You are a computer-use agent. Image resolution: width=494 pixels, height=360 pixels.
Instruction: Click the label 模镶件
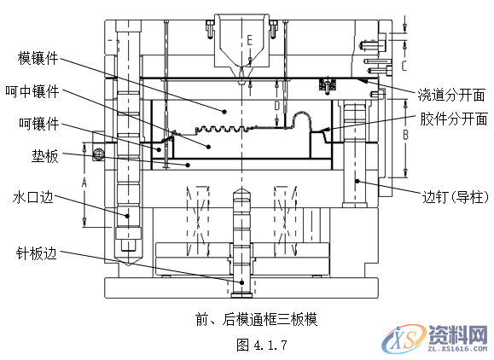pyautogui.click(x=38, y=58)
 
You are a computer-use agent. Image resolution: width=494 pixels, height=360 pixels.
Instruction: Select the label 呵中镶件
pyautogui.click(x=32, y=91)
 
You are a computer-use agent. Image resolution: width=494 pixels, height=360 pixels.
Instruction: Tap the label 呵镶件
pyautogui.click(x=38, y=124)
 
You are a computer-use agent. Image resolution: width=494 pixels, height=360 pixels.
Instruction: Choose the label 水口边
pyautogui.click(x=33, y=198)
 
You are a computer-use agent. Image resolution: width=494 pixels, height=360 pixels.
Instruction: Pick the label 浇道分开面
pyautogui.click(x=451, y=93)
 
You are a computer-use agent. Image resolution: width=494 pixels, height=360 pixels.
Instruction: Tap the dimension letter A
pyautogui.click(x=84, y=183)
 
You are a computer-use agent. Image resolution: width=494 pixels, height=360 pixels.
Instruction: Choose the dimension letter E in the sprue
pyautogui.click(x=249, y=39)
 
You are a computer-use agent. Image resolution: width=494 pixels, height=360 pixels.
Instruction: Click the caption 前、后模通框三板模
pyautogui.click(x=256, y=320)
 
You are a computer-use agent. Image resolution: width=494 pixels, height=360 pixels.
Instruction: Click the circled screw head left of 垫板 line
pyautogui.click(x=99, y=154)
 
